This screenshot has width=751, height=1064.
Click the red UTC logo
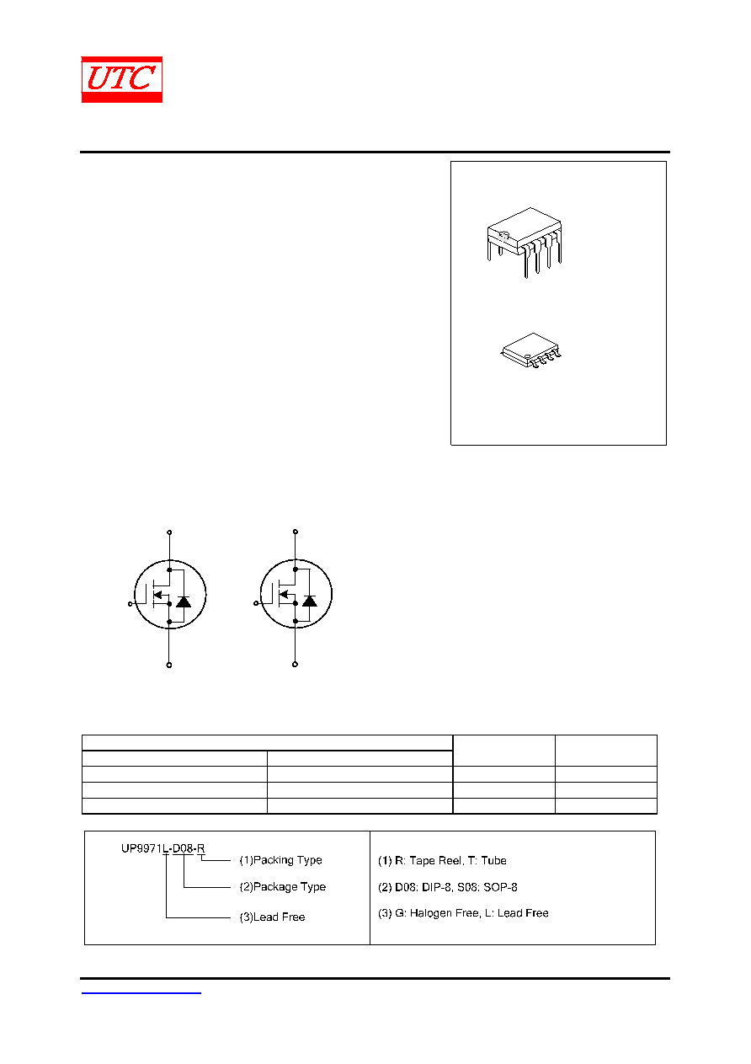(x=122, y=79)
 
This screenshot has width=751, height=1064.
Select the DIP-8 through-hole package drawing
(x=524, y=243)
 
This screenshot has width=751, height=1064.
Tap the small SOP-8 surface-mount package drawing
(x=531, y=350)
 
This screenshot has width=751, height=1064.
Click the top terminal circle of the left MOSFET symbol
(x=169, y=532)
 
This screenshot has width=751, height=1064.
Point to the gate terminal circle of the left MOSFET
(x=130, y=604)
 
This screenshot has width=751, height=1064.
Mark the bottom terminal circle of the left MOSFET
(x=169, y=665)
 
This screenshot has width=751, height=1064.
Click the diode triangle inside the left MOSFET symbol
(x=184, y=602)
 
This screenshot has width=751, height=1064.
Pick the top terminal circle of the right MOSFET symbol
(x=296, y=532)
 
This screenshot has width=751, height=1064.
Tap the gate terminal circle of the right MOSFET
(x=256, y=603)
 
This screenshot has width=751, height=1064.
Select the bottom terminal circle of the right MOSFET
(x=295, y=665)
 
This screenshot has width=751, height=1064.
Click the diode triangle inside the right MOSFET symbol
(x=310, y=602)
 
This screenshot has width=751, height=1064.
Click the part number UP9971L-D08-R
(x=162, y=848)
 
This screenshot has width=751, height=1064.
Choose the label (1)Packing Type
(x=280, y=860)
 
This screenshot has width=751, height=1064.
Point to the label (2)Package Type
(x=282, y=887)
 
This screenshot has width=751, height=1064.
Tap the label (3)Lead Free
(x=272, y=917)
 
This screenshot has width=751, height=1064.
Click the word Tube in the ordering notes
(x=493, y=861)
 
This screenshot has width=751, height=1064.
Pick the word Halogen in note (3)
(x=430, y=913)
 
